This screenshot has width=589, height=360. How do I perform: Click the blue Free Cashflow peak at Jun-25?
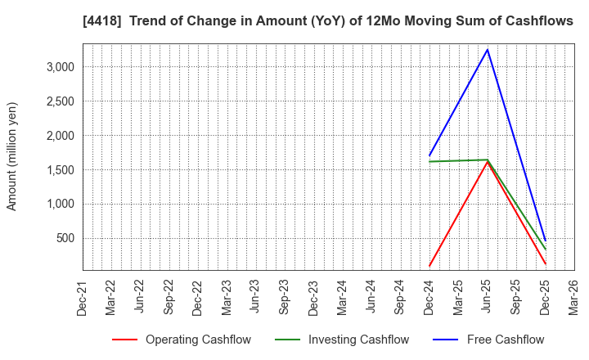click(488, 50)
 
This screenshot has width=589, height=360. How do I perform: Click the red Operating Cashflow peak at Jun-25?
click(488, 162)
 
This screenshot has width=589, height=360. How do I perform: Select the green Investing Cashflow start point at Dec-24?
click(429, 161)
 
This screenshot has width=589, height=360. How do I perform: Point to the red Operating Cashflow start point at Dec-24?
click(429, 266)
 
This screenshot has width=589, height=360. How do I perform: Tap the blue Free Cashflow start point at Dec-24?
click(429, 155)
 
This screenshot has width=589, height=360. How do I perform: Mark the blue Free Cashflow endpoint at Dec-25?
click(545, 241)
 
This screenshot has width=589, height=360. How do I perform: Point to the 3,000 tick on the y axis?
click(61, 67)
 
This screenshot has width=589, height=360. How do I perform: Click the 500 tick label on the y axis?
click(65, 239)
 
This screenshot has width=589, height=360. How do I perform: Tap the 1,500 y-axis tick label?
click(61, 170)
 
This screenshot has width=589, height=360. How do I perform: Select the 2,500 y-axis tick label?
click(61, 101)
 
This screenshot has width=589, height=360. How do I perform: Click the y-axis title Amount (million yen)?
click(12, 156)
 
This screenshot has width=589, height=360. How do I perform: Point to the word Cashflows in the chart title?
click(540, 21)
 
